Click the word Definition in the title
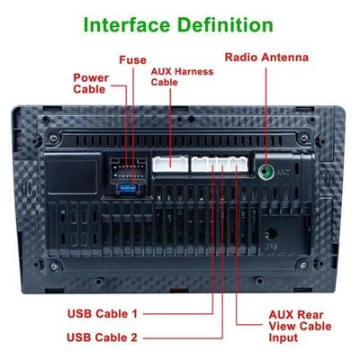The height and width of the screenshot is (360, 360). click(226, 24)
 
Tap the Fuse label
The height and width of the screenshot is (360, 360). click(132, 60)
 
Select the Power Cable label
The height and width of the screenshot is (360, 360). click(91, 84)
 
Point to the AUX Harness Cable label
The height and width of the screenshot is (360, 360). click(182, 76)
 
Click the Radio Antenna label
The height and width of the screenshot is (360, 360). click(266, 58)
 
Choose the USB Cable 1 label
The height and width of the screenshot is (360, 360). click(103, 314)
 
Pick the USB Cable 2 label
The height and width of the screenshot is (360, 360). click(102, 337)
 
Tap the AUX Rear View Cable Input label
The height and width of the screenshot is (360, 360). click(300, 326)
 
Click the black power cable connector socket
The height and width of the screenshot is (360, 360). click(128, 171)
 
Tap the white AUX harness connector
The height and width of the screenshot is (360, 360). click(170, 164)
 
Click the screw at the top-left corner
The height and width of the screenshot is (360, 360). click(54, 139)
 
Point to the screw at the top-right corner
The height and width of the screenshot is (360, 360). click(303, 139)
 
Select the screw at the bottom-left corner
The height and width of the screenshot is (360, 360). click(54, 265)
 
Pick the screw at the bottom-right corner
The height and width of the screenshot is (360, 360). click(302, 265)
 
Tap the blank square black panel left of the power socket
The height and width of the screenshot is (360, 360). click(73, 174)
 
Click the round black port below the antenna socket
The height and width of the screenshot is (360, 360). click(271, 233)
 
